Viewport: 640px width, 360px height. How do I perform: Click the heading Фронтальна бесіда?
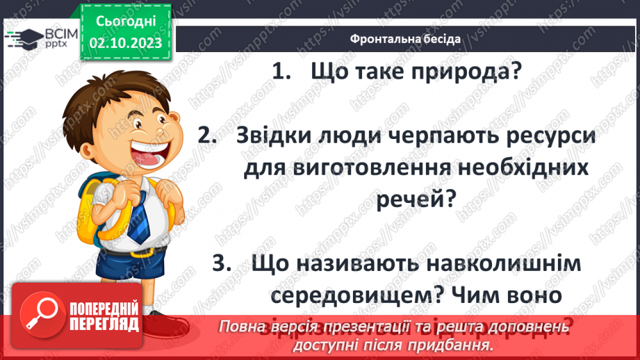point(404,38)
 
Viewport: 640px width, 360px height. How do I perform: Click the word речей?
point(417,199)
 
